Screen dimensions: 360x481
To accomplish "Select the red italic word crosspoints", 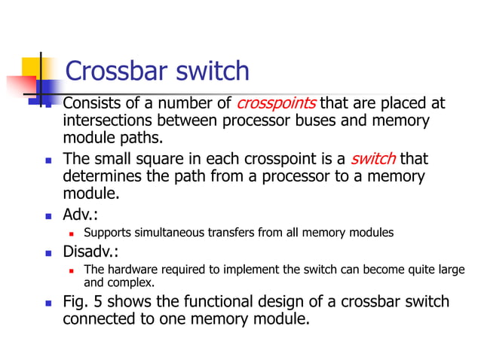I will coord(276,103).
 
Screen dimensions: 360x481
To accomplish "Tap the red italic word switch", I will coord(373,159).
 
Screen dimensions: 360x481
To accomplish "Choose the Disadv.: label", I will coord(94,250).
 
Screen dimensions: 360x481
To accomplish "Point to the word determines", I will coord(103,177).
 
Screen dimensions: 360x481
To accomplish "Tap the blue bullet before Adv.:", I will coord(48,215).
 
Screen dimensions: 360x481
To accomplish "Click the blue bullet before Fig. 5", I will coord(48,304).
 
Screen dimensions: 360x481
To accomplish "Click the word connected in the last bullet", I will coord(98,319).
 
